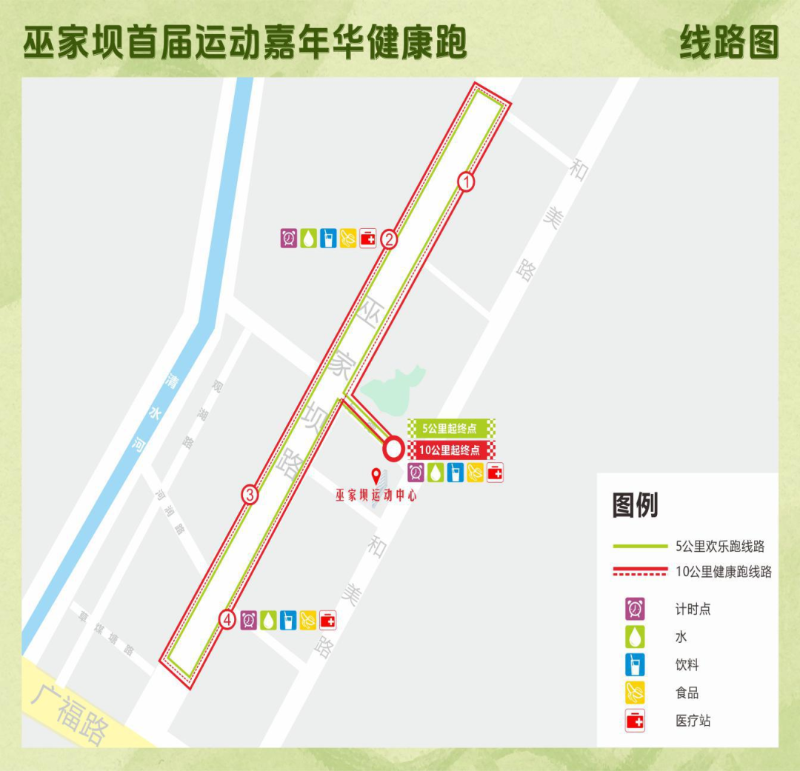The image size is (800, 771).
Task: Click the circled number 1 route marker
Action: [x=466, y=181]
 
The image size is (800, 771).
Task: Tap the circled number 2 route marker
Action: [x=390, y=239]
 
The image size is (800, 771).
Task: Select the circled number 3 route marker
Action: [x=250, y=495]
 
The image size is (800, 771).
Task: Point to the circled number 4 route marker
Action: [x=228, y=620]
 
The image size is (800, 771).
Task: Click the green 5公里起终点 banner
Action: [x=451, y=427]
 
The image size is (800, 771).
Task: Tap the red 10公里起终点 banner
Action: [x=451, y=450]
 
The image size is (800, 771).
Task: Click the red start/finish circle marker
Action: [x=393, y=447]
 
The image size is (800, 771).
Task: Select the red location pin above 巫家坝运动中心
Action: [x=376, y=475]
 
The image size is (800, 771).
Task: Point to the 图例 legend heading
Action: [x=635, y=506]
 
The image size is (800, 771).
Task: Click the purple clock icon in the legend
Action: [x=635, y=609]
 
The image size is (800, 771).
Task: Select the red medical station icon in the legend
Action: [x=635, y=721]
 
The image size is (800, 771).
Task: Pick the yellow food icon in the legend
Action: [x=635, y=692]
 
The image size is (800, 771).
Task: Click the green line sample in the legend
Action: [x=640, y=547]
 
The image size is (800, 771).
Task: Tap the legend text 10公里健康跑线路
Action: [x=724, y=572]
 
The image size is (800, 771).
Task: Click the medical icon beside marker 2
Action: [x=368, y=238]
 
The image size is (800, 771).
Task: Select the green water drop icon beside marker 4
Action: [x=268, y=620]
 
